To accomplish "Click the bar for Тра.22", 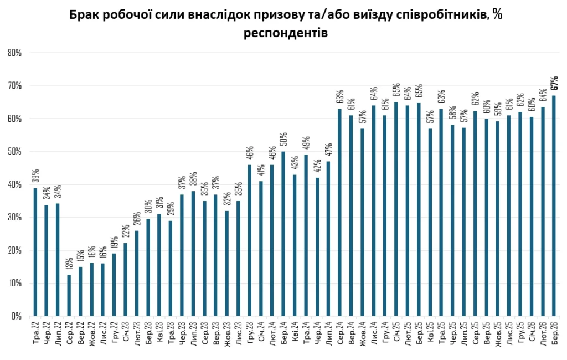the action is (35, 252).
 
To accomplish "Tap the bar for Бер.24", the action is (283, 234).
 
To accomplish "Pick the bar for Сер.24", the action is (339, 213).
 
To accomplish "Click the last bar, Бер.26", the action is (554, 206).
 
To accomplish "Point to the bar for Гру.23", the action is (250, 240).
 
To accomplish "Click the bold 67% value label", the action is (554, 83).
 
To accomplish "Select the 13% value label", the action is (69, 263).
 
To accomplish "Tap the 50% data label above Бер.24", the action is (283, 140).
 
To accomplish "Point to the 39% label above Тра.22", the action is (35, 176).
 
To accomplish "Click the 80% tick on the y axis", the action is (14, 53).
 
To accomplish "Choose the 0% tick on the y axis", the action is (17, 316).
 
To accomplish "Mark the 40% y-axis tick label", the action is (14, 184).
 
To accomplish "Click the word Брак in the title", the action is (83, 15).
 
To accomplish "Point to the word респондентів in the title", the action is (286, 33).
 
